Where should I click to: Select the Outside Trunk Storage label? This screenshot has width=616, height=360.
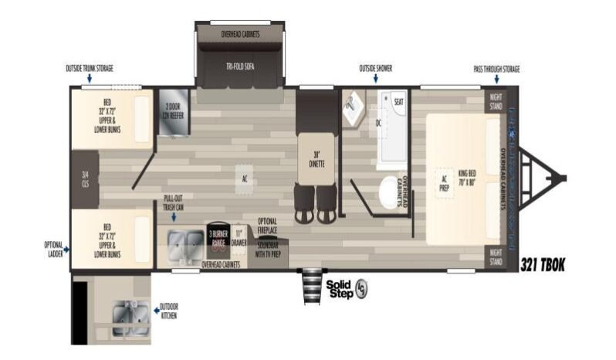[x=89, y=69]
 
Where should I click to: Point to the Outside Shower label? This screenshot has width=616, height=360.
[x=375, y=69]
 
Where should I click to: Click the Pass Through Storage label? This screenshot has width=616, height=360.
[x=496, y=69]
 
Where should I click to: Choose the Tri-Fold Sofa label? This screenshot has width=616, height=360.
[x=240, y=66]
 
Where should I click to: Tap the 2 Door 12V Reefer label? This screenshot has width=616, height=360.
[x=171, y=112]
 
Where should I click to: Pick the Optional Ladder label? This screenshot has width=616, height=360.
[x=53, y=249]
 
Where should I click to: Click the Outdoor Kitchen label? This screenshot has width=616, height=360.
[x=170, y=310]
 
